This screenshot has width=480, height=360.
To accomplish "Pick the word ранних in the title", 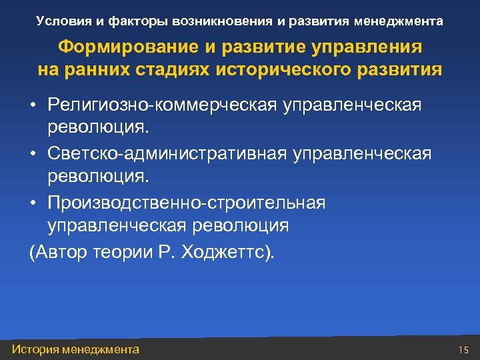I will pos(92,69).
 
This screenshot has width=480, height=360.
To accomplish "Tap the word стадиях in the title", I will pos(171,69).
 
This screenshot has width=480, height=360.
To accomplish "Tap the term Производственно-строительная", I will pos(187,202).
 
